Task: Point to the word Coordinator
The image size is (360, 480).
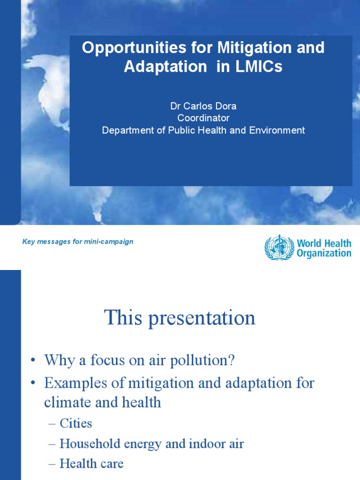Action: click(203, 118)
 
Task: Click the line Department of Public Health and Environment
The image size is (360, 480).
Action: click(203, 130)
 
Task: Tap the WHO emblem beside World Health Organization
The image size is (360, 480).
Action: click(278, 247)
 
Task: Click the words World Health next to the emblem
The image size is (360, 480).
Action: click(323, 243)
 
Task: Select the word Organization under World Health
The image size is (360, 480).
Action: click(323, 253)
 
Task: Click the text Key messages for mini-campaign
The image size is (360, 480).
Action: click(78, 242)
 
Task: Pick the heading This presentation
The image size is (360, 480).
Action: click(180, 318)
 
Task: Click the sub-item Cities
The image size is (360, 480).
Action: click(75, 423)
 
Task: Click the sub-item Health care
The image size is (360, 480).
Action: click(91, 464)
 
